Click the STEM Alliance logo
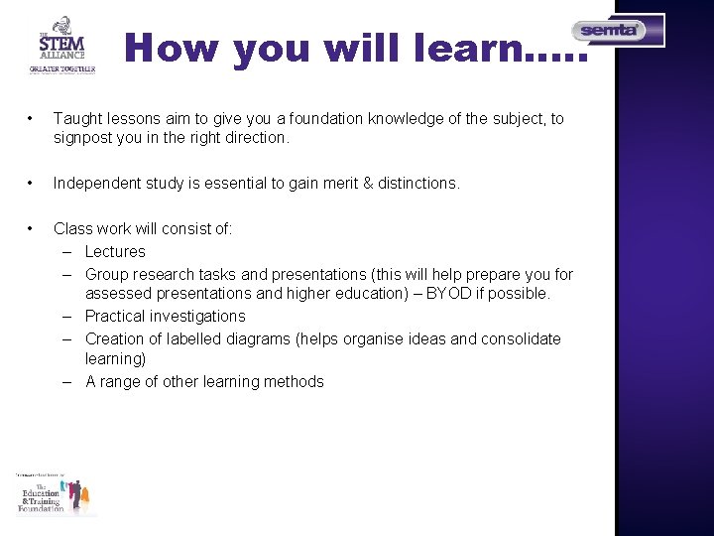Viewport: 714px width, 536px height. coord(62,45)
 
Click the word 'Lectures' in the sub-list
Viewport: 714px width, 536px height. coord(115,252)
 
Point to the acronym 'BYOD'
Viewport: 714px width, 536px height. coord(444,295)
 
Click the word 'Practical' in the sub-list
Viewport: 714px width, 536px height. coord(115,317)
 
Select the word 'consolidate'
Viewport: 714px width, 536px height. coord(521,339)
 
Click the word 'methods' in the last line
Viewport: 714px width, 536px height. coord(295,382)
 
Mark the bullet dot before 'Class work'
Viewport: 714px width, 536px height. coord(34,229)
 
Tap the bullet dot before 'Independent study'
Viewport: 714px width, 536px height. coord(34,184)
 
